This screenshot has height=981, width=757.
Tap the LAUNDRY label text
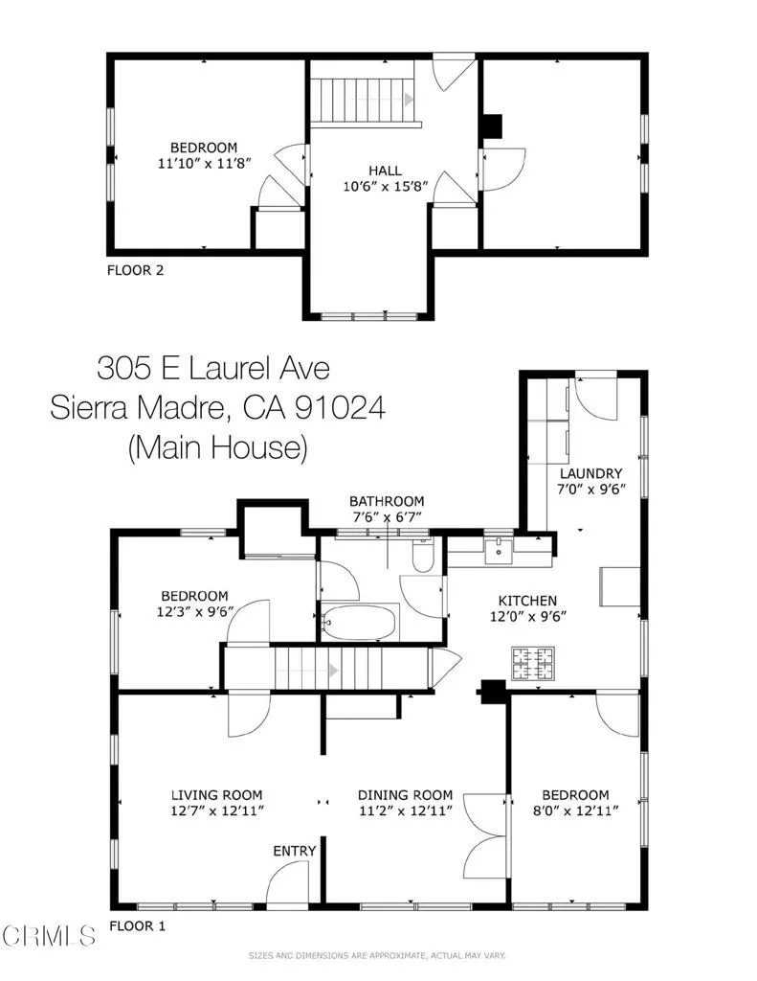click(x=590, y=473)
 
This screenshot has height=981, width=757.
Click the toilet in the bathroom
click(x=421, y=556)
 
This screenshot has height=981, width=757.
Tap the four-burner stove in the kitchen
click(x=533, y=661)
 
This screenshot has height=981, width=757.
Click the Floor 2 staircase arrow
click(x=409, y=100)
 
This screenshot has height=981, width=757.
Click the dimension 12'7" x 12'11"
click(x=216, y=810)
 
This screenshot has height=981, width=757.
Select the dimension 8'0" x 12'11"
click(x=575, y=810)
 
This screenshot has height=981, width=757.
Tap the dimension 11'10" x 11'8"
click(x=203, y=164)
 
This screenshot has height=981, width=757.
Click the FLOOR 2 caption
click(x=135, y=270)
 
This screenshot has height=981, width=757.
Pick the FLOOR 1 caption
click(x=138, y=926)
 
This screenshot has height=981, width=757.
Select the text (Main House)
click(x=216, y=447)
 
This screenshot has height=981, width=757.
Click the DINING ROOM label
click(x=405, y=794)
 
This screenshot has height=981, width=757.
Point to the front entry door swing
click(x=284, y=883)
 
